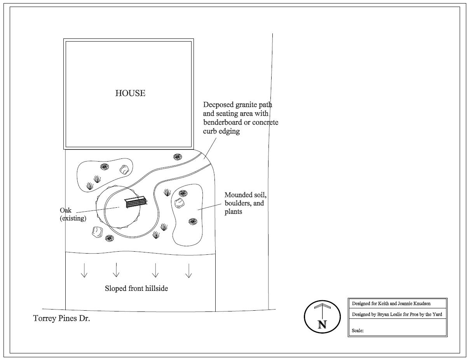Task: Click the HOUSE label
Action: pyautogui.click(x=130, y=93)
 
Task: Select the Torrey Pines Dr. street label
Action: pyautogui.click(x=61, y=318)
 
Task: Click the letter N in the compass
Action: pyautogui.click(x=322, y=324)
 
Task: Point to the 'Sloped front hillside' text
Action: pyautogui.click(x=136, y=289)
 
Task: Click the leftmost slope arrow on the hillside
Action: pyautogui.click(x=84, y=270)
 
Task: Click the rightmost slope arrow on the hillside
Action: pyautogui.click(x=188, y=271)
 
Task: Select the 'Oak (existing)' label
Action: pyautogui.click(x=73, y=214)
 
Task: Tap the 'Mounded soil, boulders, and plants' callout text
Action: pyautogui.click(x=246, y=203)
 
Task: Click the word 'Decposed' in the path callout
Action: pyautogui.click(x=218, y=105)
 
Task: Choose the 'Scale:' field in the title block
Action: pyautogui.click(x=357, y=330)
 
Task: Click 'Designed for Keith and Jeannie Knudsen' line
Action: pyautogui.click(x=391, y=303)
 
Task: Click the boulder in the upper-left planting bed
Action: pyautogui.click(x=124, y=170)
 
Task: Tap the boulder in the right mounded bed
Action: pyautogui.click(x=179, y=203)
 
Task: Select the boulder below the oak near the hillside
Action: pyautogui.click(x=97, y=232)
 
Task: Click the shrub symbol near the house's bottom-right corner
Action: pyautogui.click(x=178, y=157)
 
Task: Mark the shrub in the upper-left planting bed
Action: pyautogui.click(x=105, y=167)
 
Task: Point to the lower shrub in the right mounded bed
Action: pyautogui.click(x=193, y=221)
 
